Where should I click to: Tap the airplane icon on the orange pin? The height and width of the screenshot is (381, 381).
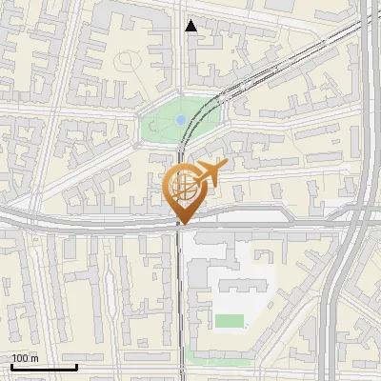tap(211, 172)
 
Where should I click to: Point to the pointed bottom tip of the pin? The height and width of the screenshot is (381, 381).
tap(183, 224)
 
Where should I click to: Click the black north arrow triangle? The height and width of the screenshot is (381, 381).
tap(191, 26)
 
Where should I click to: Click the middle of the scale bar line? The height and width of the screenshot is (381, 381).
tap(44, 368)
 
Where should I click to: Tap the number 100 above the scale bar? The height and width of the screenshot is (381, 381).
tap(20, 358)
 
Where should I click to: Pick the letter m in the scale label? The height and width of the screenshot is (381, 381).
tap(34, 358)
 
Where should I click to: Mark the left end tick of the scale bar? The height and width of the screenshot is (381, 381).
tap(11, 366)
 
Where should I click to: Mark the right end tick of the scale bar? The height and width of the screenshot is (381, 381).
tap(76, 366)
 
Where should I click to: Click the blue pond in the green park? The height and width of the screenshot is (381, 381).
tap(180, 120)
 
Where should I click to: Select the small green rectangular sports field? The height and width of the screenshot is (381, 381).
tap(229, 321)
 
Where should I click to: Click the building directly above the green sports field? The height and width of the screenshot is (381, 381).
tap(238, 286)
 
